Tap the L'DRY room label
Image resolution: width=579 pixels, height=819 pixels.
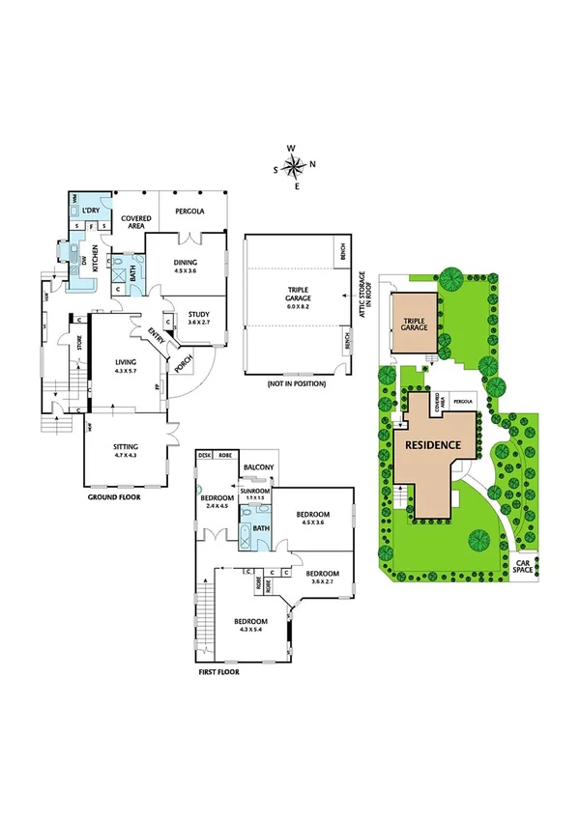click(x=93, y=210)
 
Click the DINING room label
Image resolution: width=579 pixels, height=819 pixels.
click(x=186, y=262)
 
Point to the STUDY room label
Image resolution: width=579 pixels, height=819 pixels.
click(x=199, y=313)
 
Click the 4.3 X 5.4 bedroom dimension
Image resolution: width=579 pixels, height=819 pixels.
click(x=250, y=630)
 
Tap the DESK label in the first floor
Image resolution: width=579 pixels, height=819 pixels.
click(x=204, y=455)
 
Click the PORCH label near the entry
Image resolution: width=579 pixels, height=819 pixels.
click(x=180, y=364)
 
